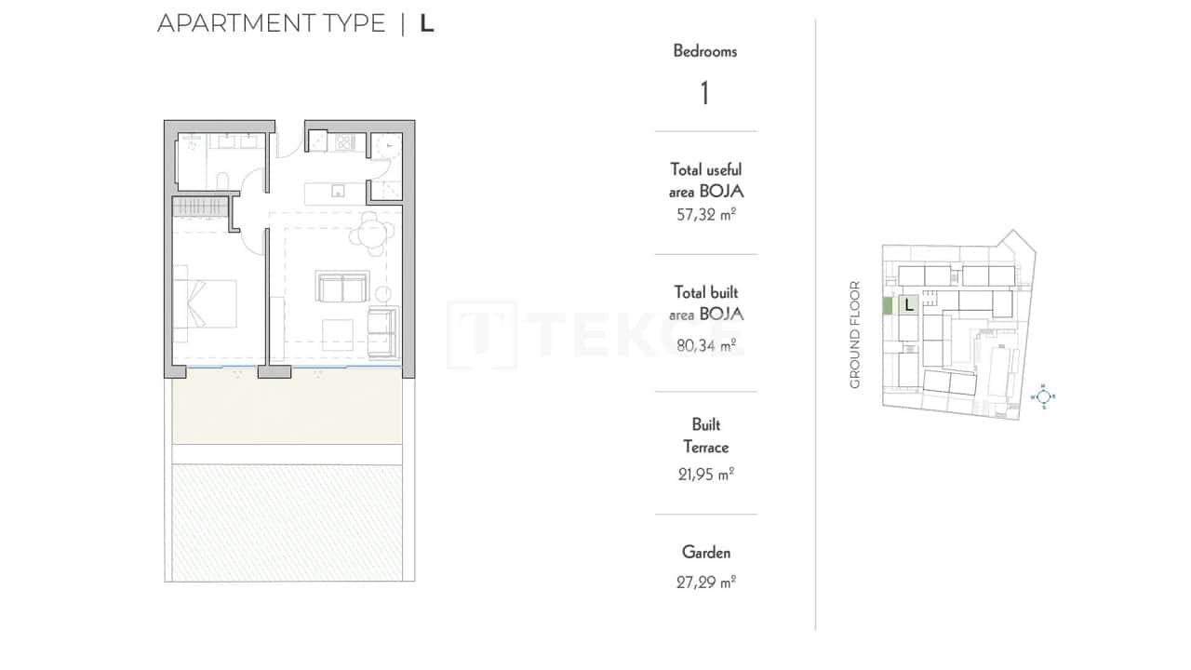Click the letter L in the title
pos(427,24)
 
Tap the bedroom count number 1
pos(705,93)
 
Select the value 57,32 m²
pos(705,215)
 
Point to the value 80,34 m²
pos(705,346)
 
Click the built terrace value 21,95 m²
pos(705,474)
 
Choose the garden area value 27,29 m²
pos(705,583)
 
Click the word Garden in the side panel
pos(705,552)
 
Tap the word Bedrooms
pos(705,51)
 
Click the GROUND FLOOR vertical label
pos(855,334)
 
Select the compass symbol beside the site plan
pos(1044,396)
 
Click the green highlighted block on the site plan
pos(888,304)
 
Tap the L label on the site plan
pos(908,303)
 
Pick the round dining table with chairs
pos(371,234)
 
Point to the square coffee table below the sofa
pos(337,334)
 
